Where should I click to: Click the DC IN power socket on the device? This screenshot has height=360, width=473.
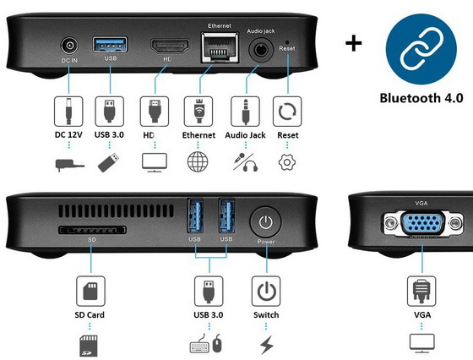point(69,46)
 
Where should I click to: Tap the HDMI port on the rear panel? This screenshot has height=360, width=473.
point(170,46)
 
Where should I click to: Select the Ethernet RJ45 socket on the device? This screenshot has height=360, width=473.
point(220,47)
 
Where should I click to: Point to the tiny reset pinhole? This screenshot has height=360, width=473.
point(287,42)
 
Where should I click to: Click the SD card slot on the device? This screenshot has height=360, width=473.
point(92,230)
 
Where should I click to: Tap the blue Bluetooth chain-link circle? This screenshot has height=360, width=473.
point(421,49)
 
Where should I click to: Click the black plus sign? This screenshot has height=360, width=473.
point(354,43)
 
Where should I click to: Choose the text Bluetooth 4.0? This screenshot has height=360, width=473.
point(421,98)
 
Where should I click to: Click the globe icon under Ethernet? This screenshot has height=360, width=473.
point(198,161)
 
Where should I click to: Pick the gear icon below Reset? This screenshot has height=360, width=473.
point(287,162)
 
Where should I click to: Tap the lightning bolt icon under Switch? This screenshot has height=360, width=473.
point(267,345)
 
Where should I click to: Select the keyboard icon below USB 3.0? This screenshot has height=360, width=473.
point(199,346)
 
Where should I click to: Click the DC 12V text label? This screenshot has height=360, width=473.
point(68,134)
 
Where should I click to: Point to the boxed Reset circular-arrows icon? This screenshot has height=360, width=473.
point(287,112)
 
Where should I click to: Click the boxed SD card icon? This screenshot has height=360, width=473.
point(90,291)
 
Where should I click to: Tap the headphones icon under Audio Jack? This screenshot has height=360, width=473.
point(250,166)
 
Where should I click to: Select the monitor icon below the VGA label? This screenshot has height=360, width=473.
point(422,343)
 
